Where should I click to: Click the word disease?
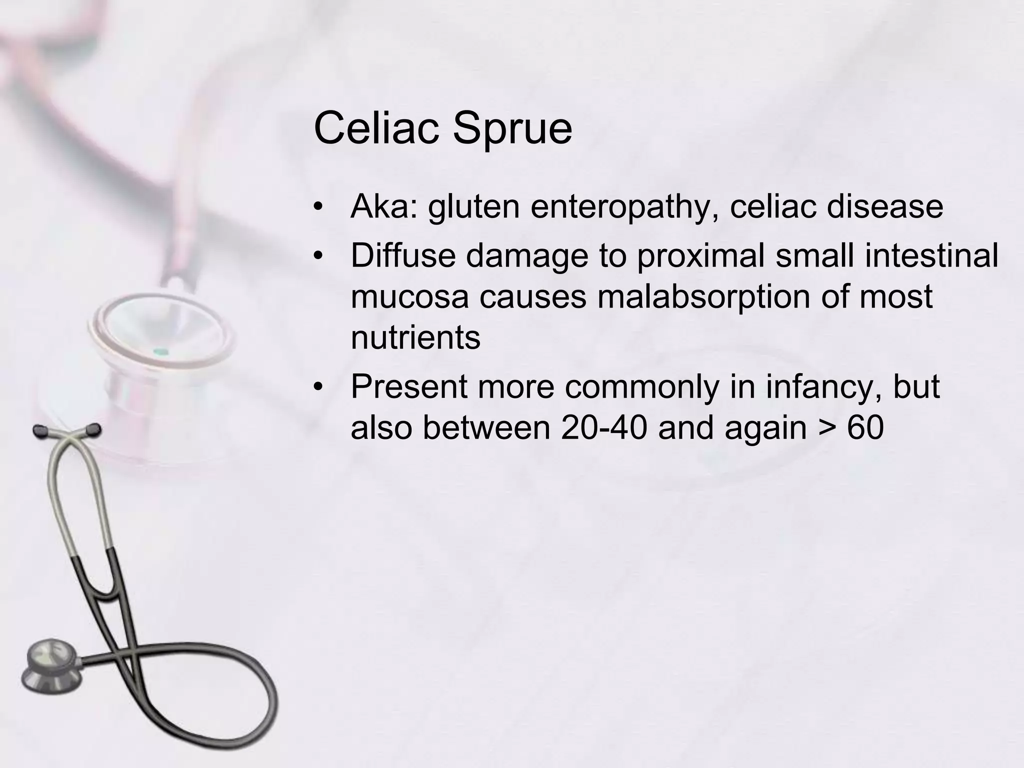coord(884,206)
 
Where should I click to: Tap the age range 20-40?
coord(604,428)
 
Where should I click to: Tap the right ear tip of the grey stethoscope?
coord(93,429)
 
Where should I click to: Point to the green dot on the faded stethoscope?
coord(159,351)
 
